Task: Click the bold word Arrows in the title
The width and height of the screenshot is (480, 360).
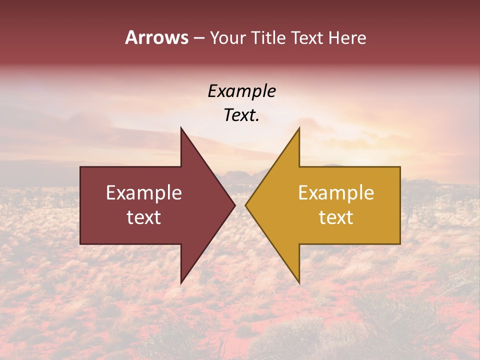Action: click(157, 37)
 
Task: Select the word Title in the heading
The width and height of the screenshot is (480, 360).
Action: click(268, 37)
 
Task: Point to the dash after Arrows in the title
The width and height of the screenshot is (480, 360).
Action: click(198, 38)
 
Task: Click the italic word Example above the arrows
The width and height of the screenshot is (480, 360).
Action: click(241, 91)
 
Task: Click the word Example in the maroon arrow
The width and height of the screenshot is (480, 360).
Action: click(144, 192)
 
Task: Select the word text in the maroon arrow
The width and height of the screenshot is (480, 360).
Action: click(144, 217)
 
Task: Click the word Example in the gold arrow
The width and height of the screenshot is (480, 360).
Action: click(336, 192)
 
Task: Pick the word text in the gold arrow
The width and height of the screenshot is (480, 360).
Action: click(336, 217)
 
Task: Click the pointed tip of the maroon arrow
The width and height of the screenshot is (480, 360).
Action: click(235, 205)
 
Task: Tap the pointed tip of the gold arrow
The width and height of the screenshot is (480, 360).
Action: click(245, 205)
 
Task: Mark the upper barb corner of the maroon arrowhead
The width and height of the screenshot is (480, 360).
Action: click(181, 128)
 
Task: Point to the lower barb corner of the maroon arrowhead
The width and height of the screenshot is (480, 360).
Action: click(181, 283)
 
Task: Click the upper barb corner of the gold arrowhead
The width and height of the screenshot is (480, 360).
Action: click(299, 128)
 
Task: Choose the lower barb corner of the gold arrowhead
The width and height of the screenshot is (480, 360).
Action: click(299, 283)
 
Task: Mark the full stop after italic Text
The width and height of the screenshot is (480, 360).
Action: click(257, 120)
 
